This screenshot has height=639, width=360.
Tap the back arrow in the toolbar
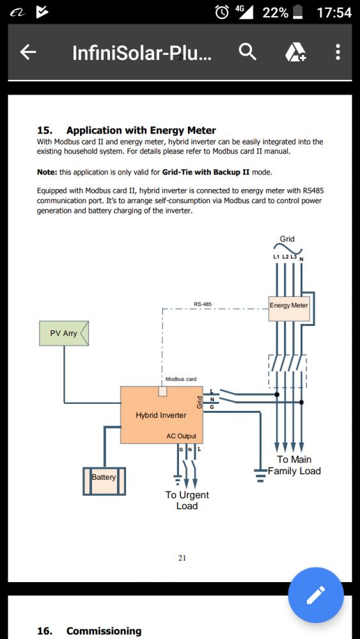[27, 52]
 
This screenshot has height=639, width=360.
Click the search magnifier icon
[247, 52]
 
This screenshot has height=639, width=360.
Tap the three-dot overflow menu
[338, 52]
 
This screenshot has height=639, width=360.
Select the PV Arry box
[64, 334]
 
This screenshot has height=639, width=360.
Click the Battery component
[104, 481]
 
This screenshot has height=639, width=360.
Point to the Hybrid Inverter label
[160, 415]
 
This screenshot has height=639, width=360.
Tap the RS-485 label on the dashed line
[203, 304]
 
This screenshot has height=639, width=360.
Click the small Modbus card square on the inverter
[162, 391]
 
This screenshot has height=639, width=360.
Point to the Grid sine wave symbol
[287, 249]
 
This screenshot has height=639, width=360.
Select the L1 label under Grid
[276, 257]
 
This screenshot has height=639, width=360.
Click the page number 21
[182, 558]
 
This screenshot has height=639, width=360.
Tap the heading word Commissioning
[104, 631]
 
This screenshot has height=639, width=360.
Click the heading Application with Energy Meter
[141, 130]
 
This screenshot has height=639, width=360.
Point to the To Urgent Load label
[187, 500]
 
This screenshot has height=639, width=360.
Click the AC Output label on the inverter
[181, 436]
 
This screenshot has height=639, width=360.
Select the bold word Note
[47, 173]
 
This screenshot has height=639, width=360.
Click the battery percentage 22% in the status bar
[275, 13]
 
